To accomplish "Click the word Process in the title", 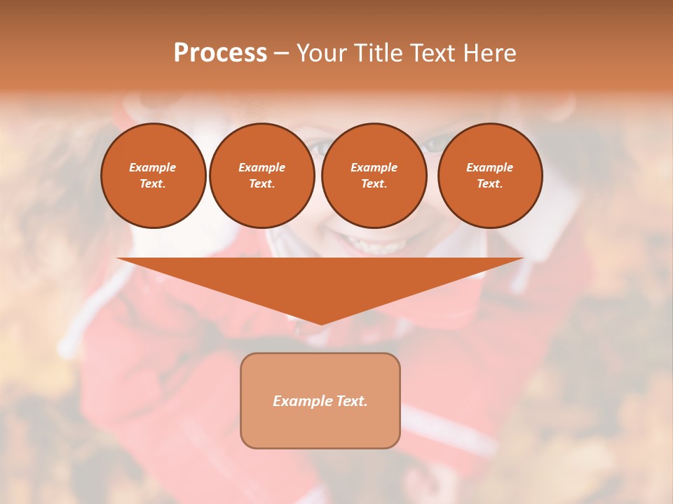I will pyautogui.click(x=220, y=53).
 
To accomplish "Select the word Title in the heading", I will pyautogui.click(x=381, y=53).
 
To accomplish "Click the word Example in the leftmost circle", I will pyautogui.click(x=153, y=167).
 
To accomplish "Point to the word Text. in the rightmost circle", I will pyautogui.click(x=490, y=184).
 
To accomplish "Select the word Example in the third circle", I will pyautogui.click(x=374, y=167).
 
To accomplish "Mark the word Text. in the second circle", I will pyautogui.click(x=262, y=184).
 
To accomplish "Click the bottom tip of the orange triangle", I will pyautogui.click(x=321, y=323).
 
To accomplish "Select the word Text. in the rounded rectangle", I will pyautogui.click(x=351, y=401).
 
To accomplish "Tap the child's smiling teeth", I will pyautogui.click(x=372, y=246).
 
